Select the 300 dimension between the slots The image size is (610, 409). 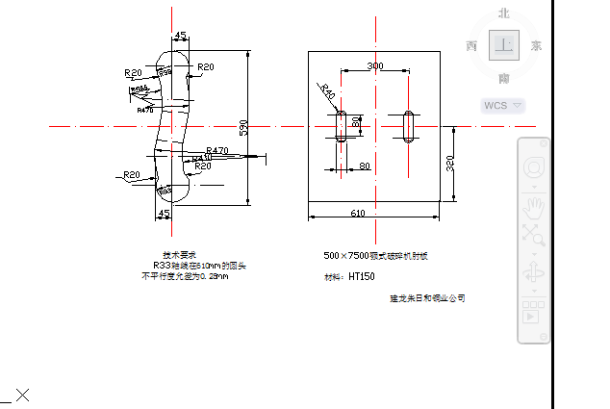point(374,65)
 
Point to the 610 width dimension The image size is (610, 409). point(358,213)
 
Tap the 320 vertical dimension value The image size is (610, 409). point(450,164)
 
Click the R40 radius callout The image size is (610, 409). point(328,92)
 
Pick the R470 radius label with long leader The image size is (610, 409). point(217,151)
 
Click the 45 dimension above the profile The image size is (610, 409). point(180,36)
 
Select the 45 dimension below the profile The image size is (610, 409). point(164,213)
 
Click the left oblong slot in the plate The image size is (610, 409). point(340,126)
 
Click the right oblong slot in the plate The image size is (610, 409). point(409,126)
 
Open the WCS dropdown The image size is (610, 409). point(502,105)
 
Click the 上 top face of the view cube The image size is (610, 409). point(503,44)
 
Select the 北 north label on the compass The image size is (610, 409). point(503,13)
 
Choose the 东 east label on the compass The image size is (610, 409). point(536,45)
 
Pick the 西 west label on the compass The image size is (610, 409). point(471,45)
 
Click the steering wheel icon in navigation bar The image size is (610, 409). point(532,168)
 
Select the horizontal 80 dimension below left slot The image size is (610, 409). point(365,166)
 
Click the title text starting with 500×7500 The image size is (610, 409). point(374,257)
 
